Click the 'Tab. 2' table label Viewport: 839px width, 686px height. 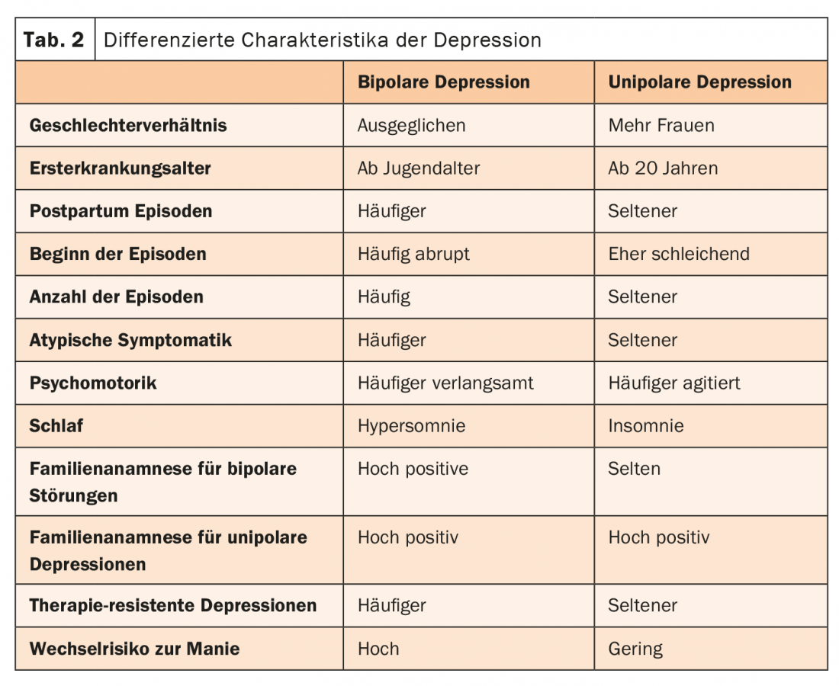tap(54, 40)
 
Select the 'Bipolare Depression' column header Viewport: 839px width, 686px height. tap(443, 82)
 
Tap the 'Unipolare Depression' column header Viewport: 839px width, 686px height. tap(699, 82)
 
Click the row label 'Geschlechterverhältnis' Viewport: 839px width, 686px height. tap(128, 126)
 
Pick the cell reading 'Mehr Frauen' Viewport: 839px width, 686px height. tap(661, 126)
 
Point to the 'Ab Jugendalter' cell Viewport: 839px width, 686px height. tap(418, 168)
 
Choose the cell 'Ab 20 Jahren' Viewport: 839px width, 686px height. tap(662, 168)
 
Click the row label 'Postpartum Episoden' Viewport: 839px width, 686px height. tap(121, 211)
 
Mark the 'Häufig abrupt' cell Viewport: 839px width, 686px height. tap(413, 254)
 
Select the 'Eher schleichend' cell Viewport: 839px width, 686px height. tap(678, 254)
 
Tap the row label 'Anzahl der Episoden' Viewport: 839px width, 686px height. tap(116, 297)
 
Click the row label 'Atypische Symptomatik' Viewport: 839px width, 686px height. tap(130, 340)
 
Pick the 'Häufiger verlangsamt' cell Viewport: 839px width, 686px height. tap(445, 383)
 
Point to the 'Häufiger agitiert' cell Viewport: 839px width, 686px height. tap(673, 383)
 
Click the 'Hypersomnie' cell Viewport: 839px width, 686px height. tap(411, 425)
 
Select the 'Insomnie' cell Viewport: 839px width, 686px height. tap(645, 425)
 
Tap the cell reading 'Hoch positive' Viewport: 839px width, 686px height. tap(413, 469)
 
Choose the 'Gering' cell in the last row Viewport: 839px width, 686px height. tap(635, 649)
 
